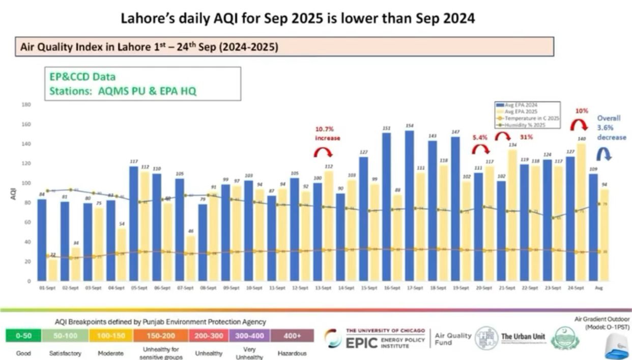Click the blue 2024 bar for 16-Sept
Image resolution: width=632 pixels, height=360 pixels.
pyautogui.click(x=386, y=206)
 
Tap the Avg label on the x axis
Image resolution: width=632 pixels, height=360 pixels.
pyautogui.click(x=598, y=288)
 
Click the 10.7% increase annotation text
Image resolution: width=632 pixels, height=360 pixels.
pyautogui.click(x=327, y=134)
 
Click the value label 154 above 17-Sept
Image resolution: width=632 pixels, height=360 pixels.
pyautogui.click(x=409, y=126)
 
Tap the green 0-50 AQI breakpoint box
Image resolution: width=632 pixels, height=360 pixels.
pyautogui.click(x=24, y=336)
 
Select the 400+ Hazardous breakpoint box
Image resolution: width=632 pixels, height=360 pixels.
pyautogui.click(x=292, y=336)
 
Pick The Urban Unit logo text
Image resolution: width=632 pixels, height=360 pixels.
pyautogui.click(x=523, y=337)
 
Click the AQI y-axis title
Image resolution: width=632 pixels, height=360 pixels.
pyautogui.click(x=14, y=194)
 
